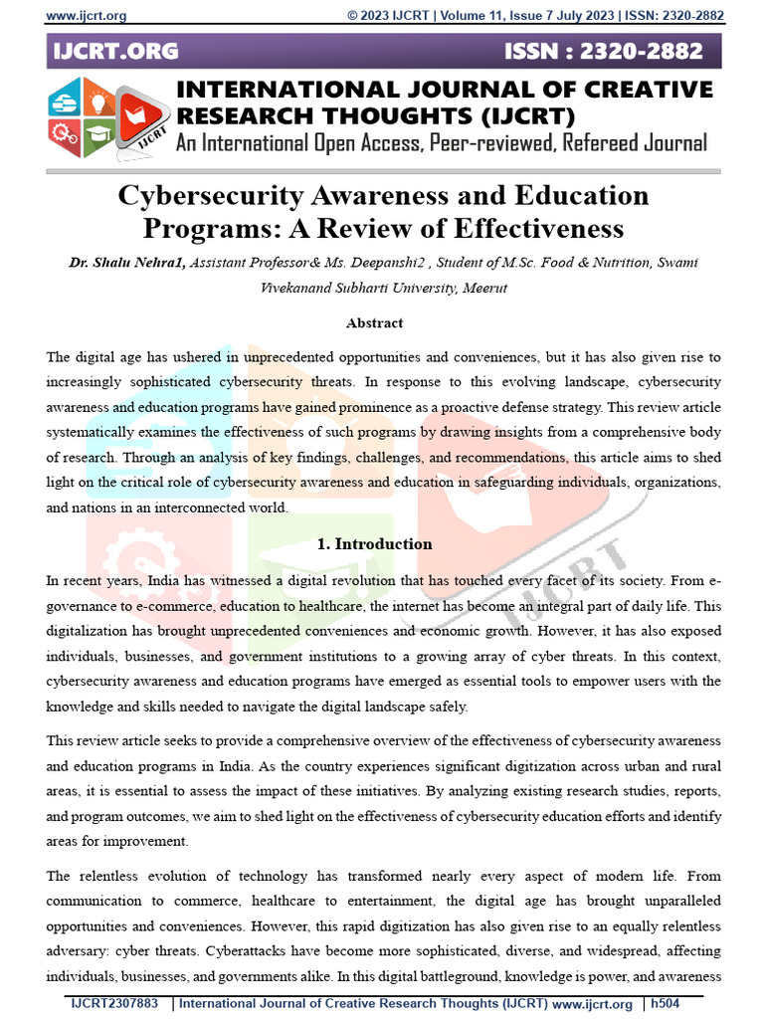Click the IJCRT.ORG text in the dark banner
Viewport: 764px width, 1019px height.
coord(115,52)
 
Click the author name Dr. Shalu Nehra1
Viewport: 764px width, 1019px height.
coord(126,263)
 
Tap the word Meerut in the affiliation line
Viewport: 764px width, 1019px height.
coord(481,289)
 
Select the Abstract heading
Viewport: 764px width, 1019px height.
coord(374,322)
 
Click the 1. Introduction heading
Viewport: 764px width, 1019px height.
coord(374,544)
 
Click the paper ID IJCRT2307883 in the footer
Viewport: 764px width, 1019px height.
coord(114,1003)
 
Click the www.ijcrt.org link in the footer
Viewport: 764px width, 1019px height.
coord(592,1003)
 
